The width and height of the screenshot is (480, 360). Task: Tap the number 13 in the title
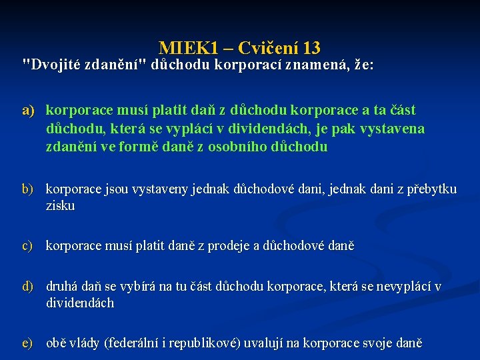tap(311, 48)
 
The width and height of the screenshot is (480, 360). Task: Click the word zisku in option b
tap(60, 206)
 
